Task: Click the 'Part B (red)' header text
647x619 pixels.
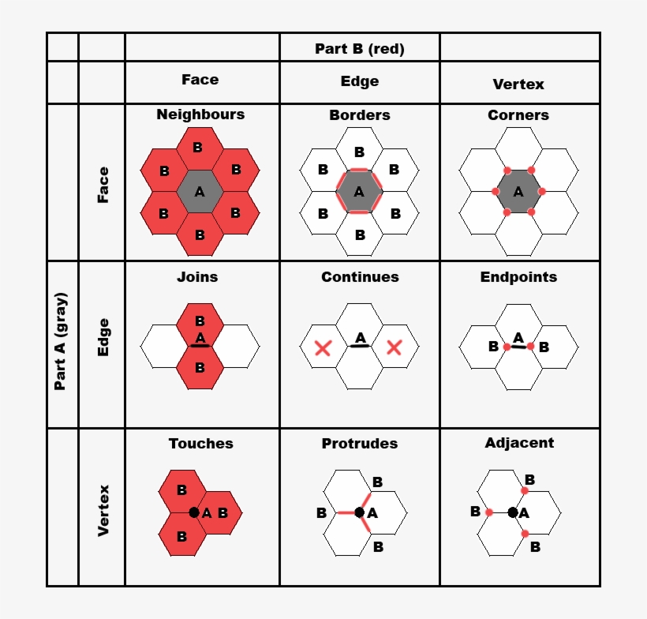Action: [359, 49]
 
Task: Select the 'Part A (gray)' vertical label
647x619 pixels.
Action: [61, 341]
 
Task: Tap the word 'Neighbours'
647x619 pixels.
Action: [200, 114]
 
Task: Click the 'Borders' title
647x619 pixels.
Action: [360, 115]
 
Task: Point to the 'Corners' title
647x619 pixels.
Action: [518, 115]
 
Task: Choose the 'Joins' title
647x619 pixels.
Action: [197, 277]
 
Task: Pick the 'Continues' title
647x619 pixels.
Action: [360, 277]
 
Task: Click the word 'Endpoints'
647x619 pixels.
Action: [518, 277]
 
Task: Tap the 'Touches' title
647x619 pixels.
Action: [200, 444]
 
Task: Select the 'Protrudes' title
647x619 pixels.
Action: [360, 444]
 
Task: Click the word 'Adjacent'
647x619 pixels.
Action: [519, 443]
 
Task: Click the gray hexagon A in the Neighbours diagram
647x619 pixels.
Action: [200, 191]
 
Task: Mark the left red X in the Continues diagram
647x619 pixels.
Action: [322, 347]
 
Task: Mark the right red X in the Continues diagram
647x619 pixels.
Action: [395, 347]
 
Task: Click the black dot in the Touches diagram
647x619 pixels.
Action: [194, 512]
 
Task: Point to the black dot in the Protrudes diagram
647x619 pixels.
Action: [360, 512]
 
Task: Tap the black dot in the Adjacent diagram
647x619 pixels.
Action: [513, 512]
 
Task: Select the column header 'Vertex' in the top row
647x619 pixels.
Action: [518, 84]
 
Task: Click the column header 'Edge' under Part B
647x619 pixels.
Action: [360, 81]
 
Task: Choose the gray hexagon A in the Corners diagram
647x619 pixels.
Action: [518, 191]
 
